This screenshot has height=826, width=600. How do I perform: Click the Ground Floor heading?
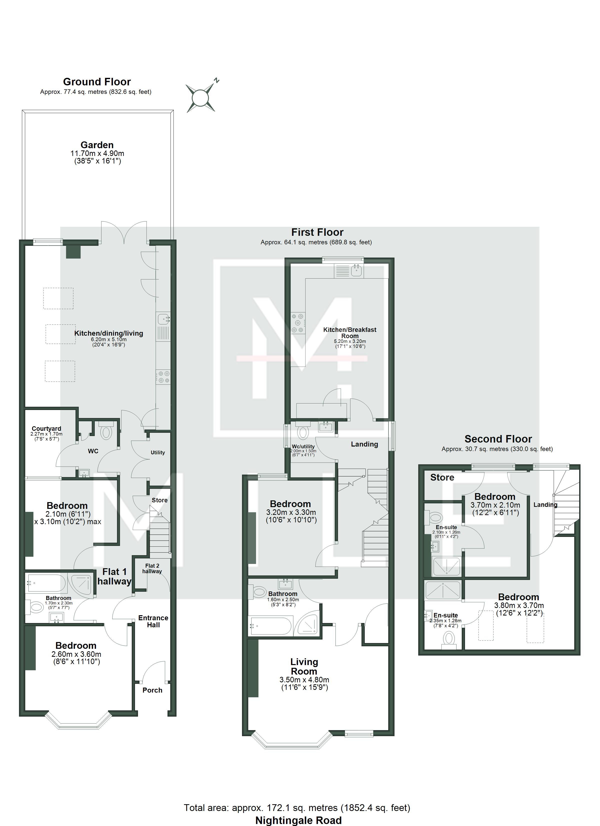point(97,82)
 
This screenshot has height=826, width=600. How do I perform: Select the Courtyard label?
point(46,429)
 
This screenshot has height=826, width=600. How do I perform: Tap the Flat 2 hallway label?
point(152,568)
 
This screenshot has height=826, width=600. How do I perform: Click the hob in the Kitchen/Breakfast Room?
point(298,323)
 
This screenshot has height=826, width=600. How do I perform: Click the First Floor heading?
point(317,232)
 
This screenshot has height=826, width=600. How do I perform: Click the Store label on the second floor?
point(442,478)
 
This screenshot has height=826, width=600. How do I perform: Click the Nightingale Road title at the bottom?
point(298,820)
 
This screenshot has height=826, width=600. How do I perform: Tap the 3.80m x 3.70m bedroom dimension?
point(519,606)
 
